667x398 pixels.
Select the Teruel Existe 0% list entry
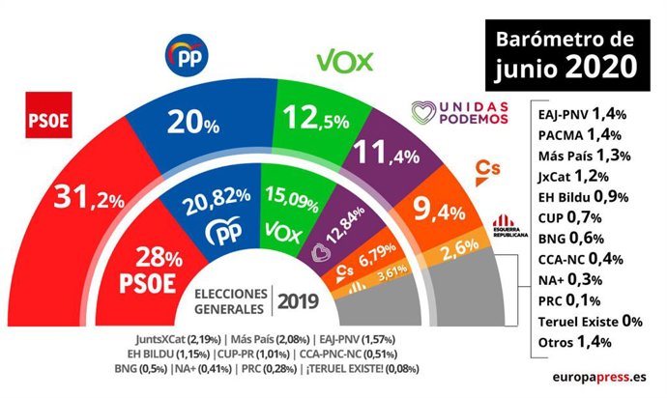click(586, 320)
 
